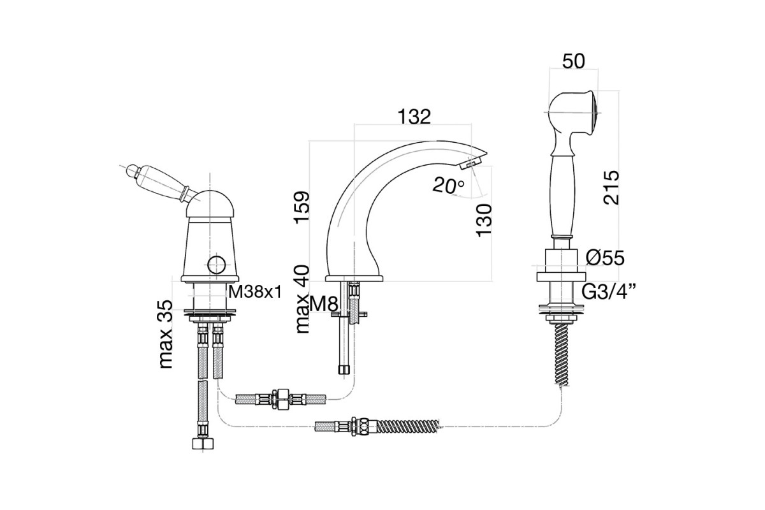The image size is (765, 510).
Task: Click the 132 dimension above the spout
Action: click(414, 117)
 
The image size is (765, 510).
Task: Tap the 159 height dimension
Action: click(302, 207)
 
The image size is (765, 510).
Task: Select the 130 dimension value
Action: click(484, 221)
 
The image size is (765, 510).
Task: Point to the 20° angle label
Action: click(448, 186)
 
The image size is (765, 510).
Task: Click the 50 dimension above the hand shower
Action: click(573, 61)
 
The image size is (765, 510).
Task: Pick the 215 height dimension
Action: click(611, 187)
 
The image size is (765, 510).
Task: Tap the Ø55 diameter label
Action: click(605, 258)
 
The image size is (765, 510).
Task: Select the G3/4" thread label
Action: click(608, 292)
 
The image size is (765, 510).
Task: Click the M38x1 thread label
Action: click(255, 292)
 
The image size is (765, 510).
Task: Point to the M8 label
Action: click(323, 303)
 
